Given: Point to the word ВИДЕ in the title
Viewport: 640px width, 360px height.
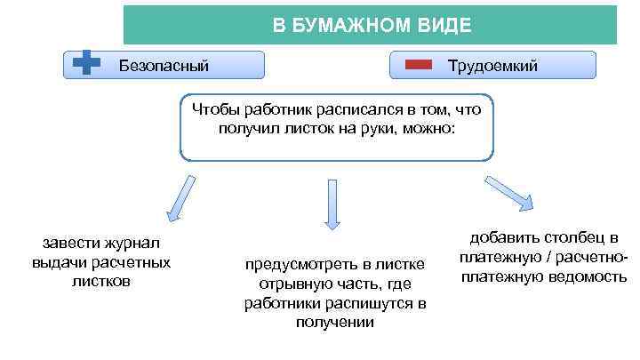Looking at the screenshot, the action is click(x=442, y=25).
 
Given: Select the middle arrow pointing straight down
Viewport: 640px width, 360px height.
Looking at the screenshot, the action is click(x=332, y=204).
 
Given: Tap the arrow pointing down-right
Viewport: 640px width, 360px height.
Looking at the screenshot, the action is click(x=509, y=191).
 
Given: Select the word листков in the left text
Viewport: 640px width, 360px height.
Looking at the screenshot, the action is click(x=100, y=281).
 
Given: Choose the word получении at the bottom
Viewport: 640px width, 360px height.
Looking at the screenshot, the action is click(x=335, y=322).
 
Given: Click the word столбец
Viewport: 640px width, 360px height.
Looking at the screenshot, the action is click(x=560, y=238).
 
